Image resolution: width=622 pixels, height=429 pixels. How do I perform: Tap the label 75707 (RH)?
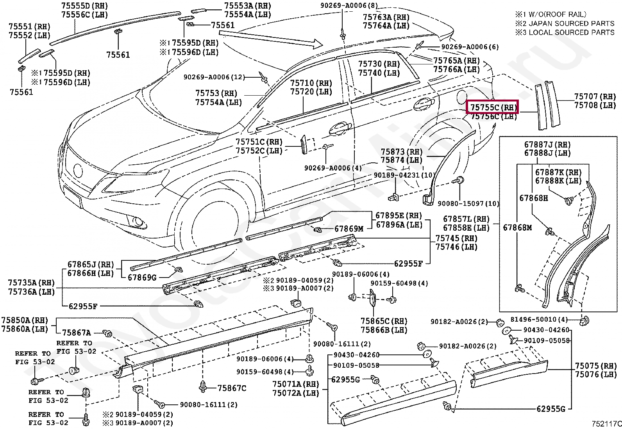pyautogui.click(x=594, y=96)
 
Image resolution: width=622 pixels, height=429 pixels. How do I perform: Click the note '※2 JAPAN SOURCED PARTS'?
pyautogui.click(x=565, y=23)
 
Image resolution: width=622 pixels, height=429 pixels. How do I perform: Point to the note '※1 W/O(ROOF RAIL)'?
pyautogui.click(x=551, y=14)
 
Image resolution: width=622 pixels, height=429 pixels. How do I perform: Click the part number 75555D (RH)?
pyautogui.click(x=84, y=6)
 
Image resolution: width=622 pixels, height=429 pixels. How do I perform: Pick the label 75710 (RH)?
pyautogui.click(x=311, y=83)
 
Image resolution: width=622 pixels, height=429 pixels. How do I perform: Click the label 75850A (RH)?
pyautogui.click(x=24, y=320)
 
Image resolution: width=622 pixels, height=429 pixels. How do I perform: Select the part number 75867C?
pyautogui.click(x=232, y=388)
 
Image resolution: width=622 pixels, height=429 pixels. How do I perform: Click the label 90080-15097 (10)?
pyautogui.click(x=468, y=204)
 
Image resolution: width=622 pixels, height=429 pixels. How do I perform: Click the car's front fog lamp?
pyautogui.click(x=138, y=222)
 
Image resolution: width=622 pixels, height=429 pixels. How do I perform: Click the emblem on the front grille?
pyautogui.click(x=78, y=171)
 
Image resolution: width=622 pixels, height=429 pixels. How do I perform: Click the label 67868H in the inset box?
pyautogui.click(x=533, y=198)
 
